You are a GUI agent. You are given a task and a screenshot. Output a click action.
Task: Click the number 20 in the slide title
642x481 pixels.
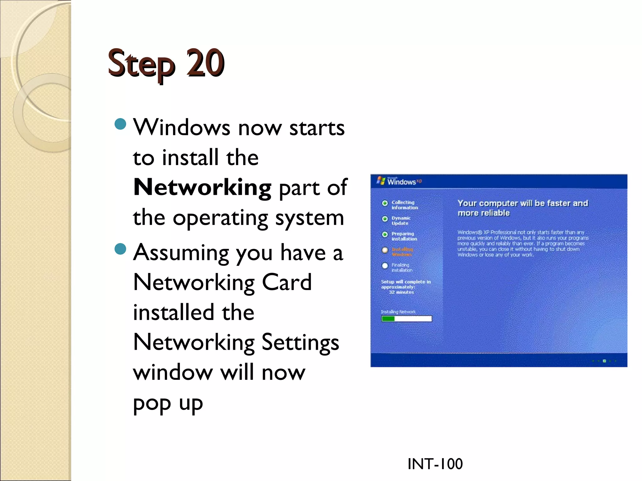click(x=205, y=63)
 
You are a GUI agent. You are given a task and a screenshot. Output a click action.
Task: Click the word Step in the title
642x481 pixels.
click(x=141, y=64)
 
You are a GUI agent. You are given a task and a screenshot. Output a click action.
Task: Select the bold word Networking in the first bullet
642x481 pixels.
click(x=202, y=187)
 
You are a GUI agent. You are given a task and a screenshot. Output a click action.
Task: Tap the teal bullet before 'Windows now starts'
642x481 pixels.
click(x=120, y=124)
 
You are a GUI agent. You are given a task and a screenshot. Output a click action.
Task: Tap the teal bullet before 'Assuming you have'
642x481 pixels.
click(x=120, y=249)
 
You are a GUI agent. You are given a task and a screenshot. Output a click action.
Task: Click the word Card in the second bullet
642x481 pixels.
click(x=287, y=282)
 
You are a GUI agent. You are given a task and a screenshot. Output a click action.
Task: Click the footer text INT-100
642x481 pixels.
click(x=435, y=464)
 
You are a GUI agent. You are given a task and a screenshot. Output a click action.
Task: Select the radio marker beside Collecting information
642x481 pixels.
click(x=385, y=203)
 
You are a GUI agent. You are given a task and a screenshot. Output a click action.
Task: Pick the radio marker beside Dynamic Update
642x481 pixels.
click(x=385, y=219)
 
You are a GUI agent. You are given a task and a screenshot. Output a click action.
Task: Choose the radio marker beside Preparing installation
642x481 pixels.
click(x=385, y=235)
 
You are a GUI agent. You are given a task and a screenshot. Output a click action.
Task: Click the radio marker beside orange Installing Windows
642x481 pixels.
click(x=385, y=250)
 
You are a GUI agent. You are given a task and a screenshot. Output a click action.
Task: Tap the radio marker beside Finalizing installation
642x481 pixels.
click(x=385, y=266)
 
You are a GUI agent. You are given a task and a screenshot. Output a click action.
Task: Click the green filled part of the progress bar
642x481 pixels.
click(x=388, y=319)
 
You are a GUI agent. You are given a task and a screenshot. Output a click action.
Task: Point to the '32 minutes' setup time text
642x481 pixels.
click(x=401, y=292)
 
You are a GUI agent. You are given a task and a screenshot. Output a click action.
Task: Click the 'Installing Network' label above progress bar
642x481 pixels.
click(x=398, y=312)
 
